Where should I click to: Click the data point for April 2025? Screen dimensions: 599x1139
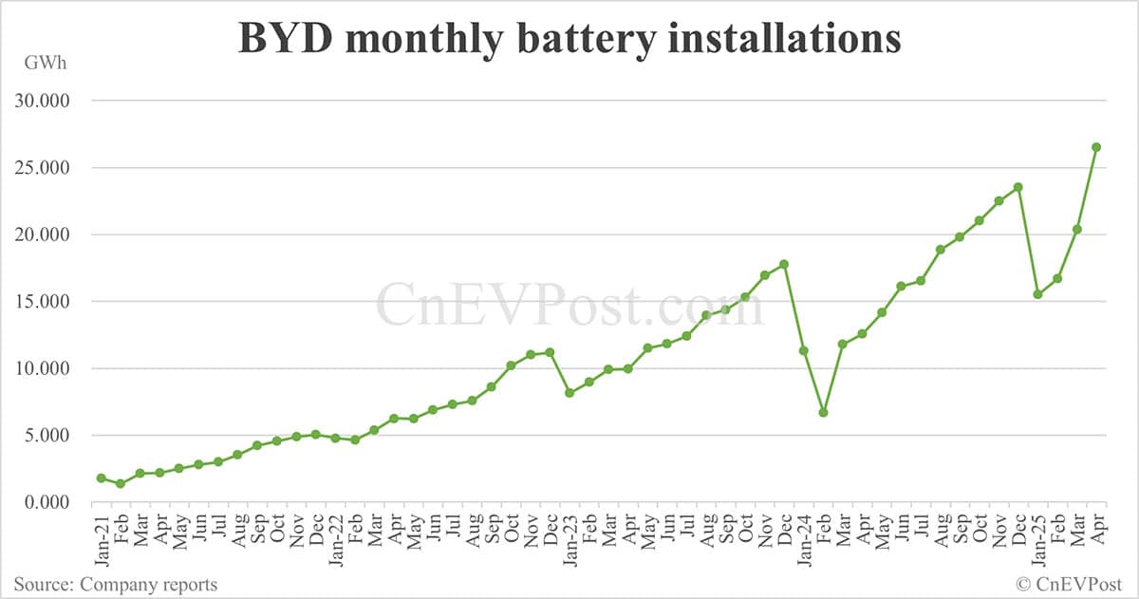tap(1096, 147)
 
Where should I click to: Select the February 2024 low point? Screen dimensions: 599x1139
tap(824, 412)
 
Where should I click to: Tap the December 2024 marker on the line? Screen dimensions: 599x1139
tap(1018, 187)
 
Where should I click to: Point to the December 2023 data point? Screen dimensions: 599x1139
tap(784, 264)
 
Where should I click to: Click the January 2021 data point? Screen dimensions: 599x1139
tap(101, 477)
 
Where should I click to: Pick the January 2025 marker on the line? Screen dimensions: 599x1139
tap(1038, 294)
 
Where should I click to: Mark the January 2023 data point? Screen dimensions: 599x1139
tap(569, 392)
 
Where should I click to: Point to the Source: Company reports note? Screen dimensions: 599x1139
tap(115, 584)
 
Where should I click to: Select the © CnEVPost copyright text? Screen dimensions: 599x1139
tap(1070, 584)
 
